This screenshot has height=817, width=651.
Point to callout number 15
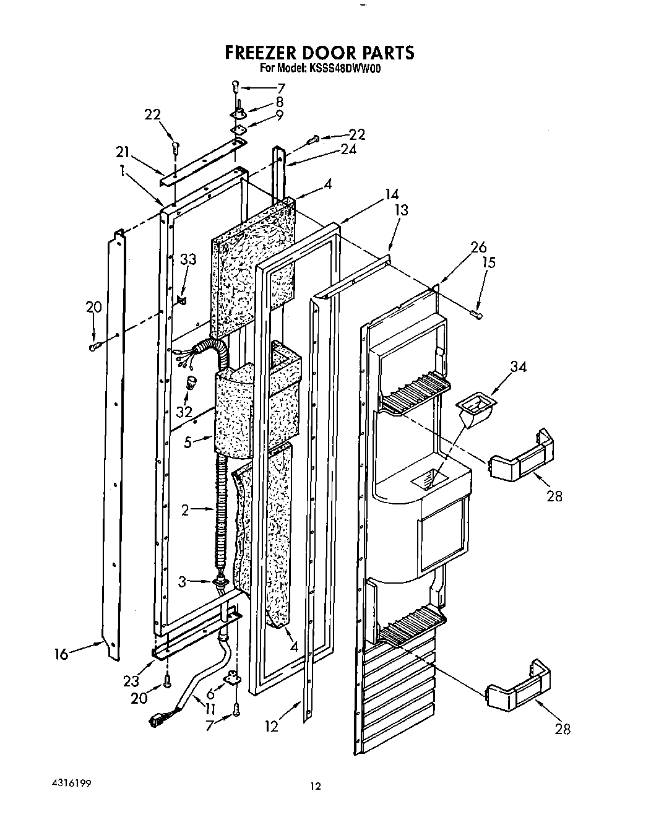click(489, 262)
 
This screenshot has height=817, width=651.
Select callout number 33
click(188, 259)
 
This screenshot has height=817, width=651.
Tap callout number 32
click(184, 410)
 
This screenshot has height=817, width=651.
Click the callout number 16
click(61, 653)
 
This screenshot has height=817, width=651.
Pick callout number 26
click(478, 247)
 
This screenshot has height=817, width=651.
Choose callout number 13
click(401, 210)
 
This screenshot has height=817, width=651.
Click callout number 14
click(391, 193)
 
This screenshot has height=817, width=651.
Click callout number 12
click(272, 727)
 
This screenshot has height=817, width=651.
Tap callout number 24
click(348, 149)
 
